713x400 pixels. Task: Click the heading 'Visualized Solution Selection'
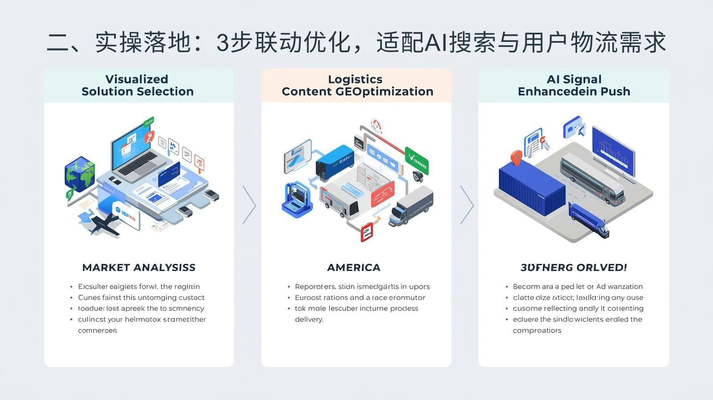137,85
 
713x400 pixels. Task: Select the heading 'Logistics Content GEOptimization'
357,85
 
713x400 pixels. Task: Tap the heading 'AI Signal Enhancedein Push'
574,85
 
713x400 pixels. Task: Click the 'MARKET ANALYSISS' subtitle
139,267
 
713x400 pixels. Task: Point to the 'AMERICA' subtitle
354,267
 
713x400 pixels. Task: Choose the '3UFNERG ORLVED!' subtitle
574,267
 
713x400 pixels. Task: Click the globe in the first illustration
79,174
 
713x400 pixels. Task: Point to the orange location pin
516,157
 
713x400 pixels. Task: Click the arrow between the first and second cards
249,204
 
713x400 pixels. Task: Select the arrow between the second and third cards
467,204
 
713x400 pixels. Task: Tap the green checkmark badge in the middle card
417,159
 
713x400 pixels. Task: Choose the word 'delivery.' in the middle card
309,319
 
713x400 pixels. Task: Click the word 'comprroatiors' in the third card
537,330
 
